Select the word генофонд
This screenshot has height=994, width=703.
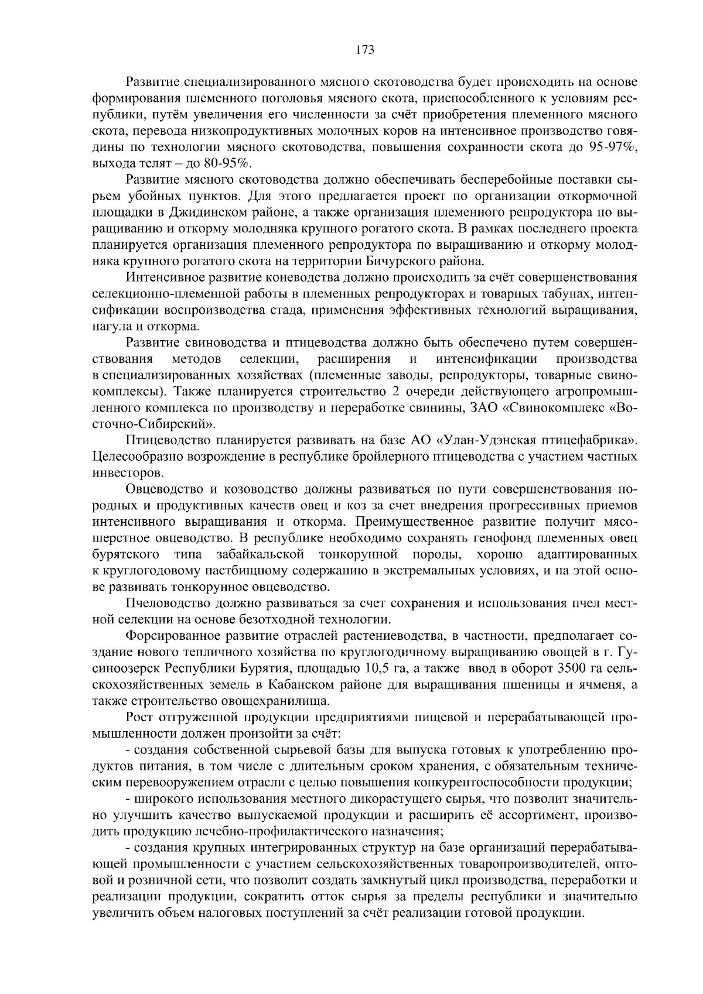pyautogui.click(x=502, y=537)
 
